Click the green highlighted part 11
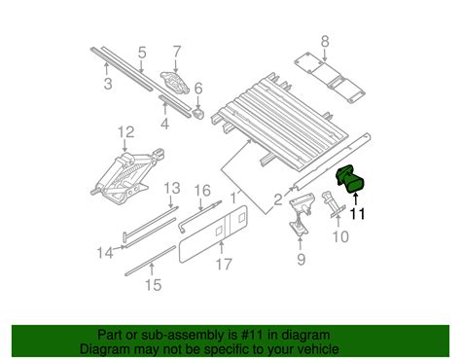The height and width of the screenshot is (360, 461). pyautogui.click(x=351, y=179)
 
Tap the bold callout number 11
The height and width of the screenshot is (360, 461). pyautogui.click(x=357, y=214)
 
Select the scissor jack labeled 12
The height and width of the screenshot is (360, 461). pyautogui.click(x=127, y=176)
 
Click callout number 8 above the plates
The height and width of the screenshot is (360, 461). pyautogui.click(x=325, y=41)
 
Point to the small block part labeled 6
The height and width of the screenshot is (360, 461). pyautogui.click(x=198, y=113)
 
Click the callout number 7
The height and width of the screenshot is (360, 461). pyautogui.click(x=176, y=52)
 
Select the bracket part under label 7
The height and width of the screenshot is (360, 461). pyautogui.click(x=175, y=83)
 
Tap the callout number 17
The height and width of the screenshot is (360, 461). pyautogui.click(x=224, y=265)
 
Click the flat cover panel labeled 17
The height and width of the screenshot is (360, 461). pyautogui.click(x=213, y=234)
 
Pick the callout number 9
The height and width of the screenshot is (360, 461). pyautogui.click(x=301, y=259)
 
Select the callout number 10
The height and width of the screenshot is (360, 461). pyautogui.click(x=340, y=236)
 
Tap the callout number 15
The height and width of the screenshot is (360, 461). pyautogui.click(x=154, y=285)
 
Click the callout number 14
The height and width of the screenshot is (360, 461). pyautogui.click(x=105, y=253)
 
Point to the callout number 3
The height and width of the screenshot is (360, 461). pyautogui.click(x=108, y=84)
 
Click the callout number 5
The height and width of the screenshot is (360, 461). pyautogui.click(x=142, y=53)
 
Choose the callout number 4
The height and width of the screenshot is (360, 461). pyautogui.click(x=165, y=124)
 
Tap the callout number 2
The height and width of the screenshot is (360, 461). pyautogui.click(x=278, y=200)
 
